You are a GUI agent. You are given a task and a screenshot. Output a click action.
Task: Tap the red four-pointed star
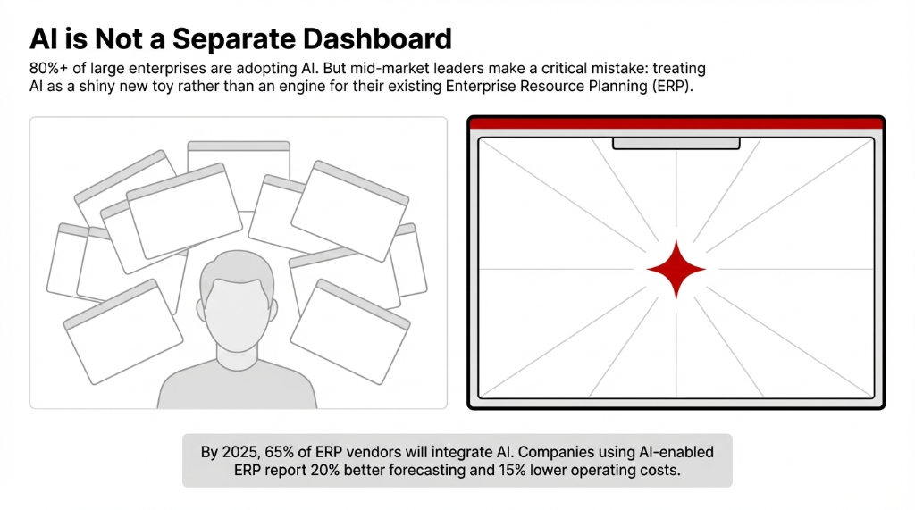point(676,269)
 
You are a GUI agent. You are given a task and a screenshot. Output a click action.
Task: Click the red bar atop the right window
point(676,124)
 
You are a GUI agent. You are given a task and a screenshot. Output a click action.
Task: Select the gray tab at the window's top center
point(676,143)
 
